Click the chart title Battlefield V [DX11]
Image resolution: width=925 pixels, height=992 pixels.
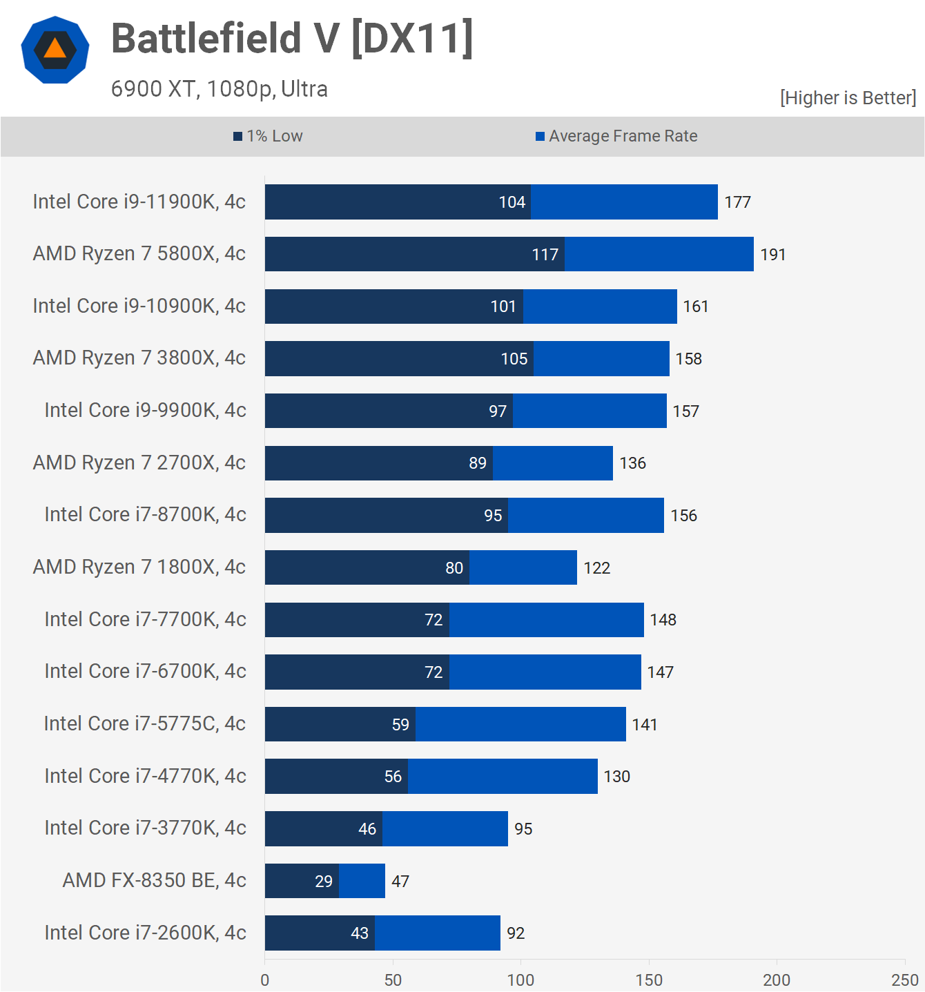click(292, 38)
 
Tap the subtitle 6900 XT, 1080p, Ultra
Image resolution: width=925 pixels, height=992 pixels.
click(219, 89)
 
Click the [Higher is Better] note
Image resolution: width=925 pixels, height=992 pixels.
click(848, 98)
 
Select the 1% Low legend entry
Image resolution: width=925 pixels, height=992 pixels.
click(268, 136)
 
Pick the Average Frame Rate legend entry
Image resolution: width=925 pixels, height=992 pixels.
click(616, 136)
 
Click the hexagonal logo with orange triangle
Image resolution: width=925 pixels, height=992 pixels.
click(55, 50)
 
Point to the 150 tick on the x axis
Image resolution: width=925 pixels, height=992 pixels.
click(648, 980)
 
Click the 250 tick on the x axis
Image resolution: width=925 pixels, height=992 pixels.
click(904, 980)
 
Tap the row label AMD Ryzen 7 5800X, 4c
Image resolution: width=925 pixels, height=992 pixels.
click(139, 254)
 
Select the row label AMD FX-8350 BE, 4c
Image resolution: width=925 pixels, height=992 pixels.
click(154, 880)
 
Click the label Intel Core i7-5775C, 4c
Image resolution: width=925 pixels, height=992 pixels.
click(144, 723)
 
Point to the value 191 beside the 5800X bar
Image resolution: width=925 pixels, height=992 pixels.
click(773, 255)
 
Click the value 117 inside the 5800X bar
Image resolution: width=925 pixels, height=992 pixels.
click(545, 255)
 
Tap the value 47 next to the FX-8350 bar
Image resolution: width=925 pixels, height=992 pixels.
click(400, 882)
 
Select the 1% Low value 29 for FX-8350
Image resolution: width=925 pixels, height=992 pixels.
click(324, 882)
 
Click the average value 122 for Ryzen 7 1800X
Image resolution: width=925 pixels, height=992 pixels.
click(596, 568)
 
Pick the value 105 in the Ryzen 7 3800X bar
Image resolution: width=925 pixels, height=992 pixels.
click(514, 359)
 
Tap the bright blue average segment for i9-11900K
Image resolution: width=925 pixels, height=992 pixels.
click(624, 202)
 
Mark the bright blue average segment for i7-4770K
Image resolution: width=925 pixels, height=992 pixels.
click(503, 777)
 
